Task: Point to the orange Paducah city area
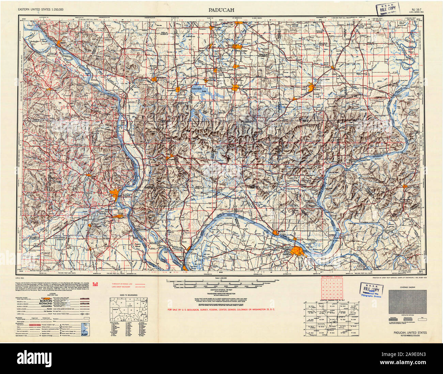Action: coord(299,252)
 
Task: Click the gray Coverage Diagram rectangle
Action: coord(408,302)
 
